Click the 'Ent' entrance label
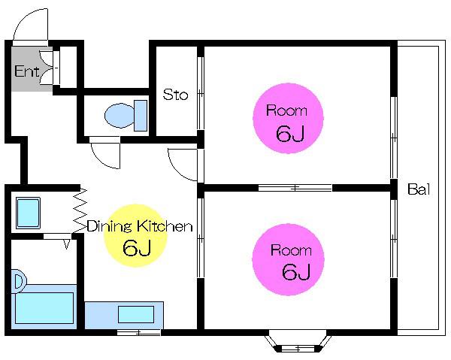click(x=26, y=71)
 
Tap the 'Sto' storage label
click(x=175, y=95)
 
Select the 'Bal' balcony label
click(x=419, y=189)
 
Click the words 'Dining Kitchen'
click(x=140, y=226)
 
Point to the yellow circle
click(x=135, y=235)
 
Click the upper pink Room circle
click(x=288, y=119)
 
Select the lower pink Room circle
click(x=288, y=259)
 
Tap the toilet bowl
click(x=120, y=115)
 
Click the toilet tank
click(x=141, y=116)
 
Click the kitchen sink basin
click(x=136, y=315)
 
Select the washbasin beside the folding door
click(x=28, y=213)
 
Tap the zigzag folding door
click(x=80, y=210)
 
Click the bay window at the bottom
click(x=298, y=344)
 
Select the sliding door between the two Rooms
click(x=295, y=188)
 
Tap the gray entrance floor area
click(x=29, y=69)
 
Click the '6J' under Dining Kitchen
click(x=136, y=248)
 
